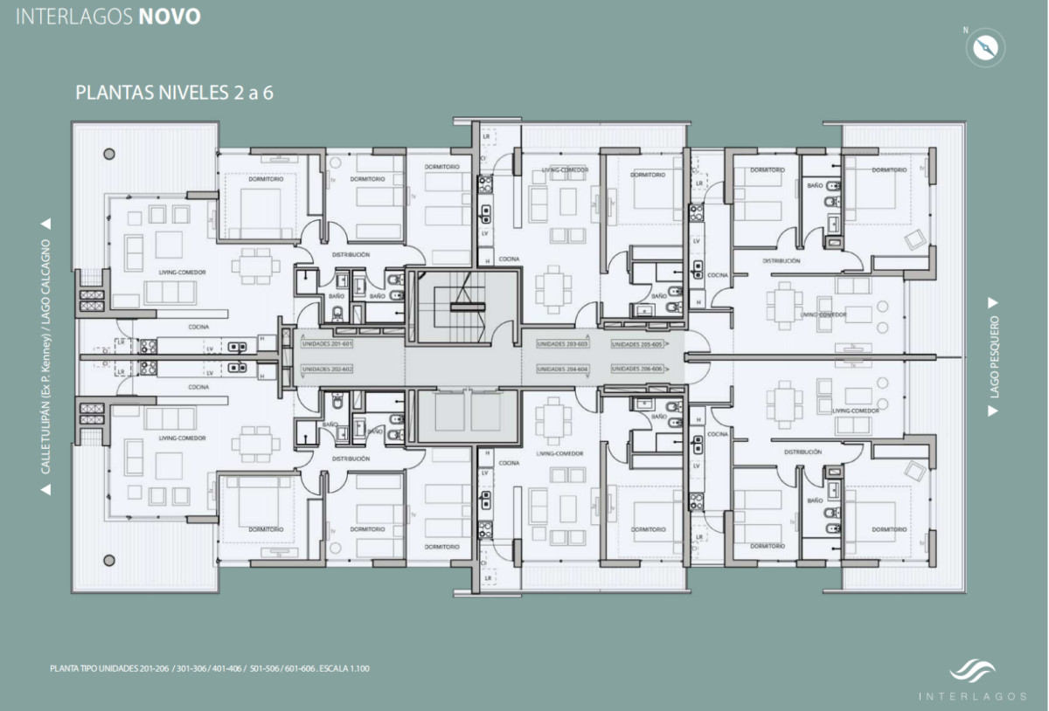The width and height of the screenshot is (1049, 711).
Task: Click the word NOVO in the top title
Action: pos(169,17)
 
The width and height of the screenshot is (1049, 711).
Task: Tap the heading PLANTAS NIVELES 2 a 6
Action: pos(175,93)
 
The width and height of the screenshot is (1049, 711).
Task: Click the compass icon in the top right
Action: pos(985,47)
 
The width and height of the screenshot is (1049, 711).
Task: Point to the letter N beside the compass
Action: pos(966,31)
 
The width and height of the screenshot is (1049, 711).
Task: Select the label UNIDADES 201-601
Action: pos(327,344)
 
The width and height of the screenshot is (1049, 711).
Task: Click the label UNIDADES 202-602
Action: pos(327,369)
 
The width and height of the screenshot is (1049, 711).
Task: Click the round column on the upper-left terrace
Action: pos(108,154)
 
